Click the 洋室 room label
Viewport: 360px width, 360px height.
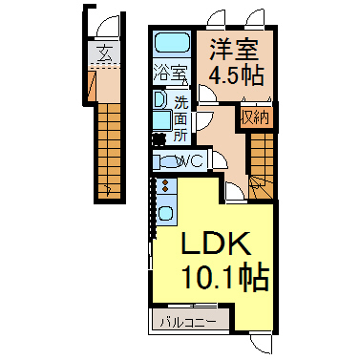234,50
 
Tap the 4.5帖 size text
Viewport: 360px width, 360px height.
236,75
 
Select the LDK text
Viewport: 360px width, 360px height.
216,244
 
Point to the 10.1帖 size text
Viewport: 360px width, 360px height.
225,276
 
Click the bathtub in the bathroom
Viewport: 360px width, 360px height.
172,43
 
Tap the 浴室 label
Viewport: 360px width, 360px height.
171,73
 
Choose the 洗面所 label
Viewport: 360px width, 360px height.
180,118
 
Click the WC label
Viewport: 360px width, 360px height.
192,161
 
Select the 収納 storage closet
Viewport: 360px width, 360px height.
255,117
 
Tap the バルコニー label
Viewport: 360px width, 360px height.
188,322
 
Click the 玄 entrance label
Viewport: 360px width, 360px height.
105,53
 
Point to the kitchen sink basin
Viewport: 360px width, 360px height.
165,213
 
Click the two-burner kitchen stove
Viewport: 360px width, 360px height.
165,185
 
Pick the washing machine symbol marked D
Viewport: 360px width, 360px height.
159,99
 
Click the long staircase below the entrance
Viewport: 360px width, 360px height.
109,151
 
